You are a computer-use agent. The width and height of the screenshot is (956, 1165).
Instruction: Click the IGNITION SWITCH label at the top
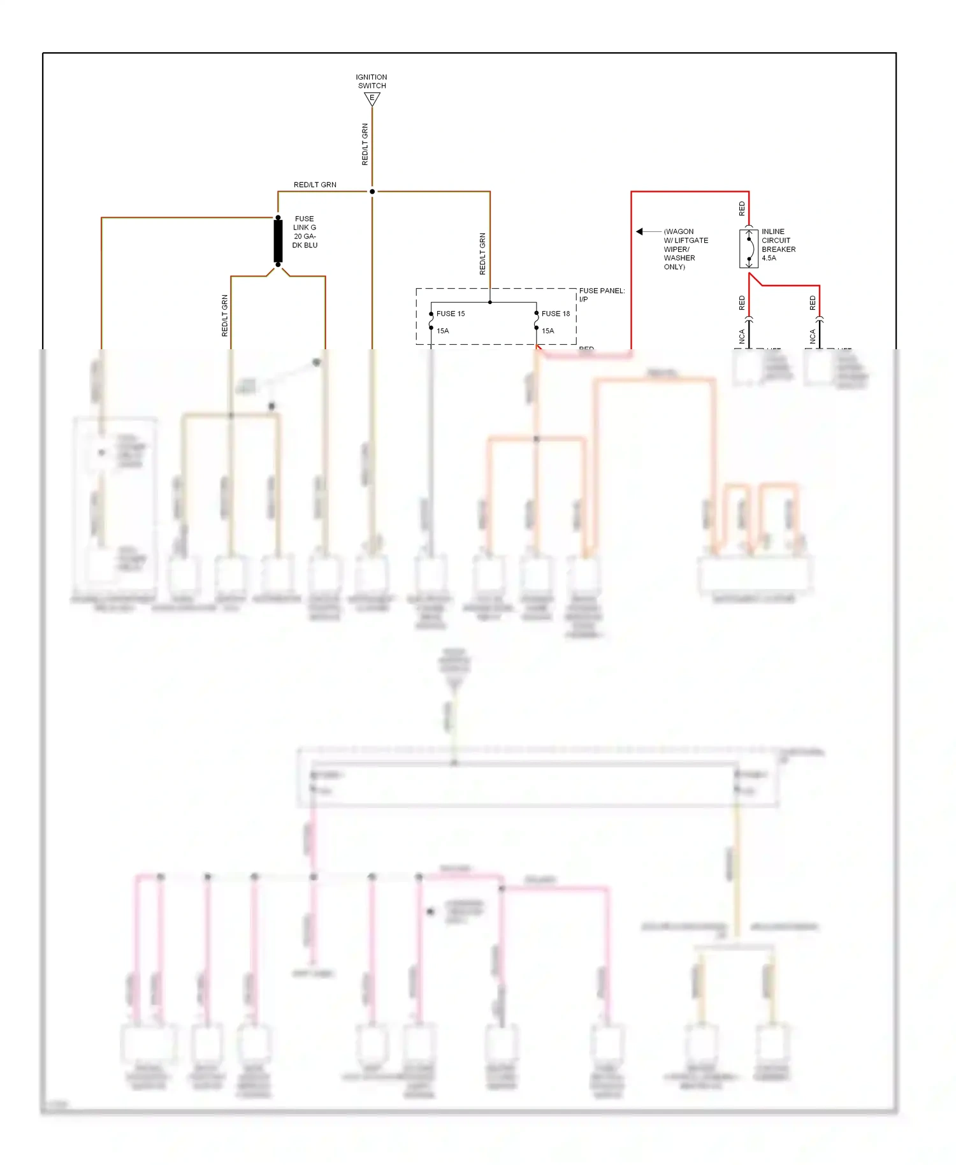pyautogui.click(x=372, y=81)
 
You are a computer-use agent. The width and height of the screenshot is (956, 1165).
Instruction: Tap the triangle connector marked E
pyautogui.click(x=372, y=99)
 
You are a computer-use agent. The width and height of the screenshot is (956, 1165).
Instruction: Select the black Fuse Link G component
pyautogui.click(x=278, y=241)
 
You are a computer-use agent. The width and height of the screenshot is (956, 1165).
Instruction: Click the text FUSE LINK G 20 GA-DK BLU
pyautogui.click(x=305, y=232)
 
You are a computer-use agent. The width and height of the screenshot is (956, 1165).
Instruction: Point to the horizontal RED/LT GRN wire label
pyautogui.click(x=315, y=185)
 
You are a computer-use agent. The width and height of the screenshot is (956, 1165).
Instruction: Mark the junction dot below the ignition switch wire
pyautogui.click(x=372, y=191)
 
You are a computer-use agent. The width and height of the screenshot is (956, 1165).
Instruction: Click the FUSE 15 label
pyautogui.click(x=451, y=314)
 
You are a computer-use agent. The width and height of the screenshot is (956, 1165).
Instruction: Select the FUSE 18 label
pyautogui.click(x=556, y=314)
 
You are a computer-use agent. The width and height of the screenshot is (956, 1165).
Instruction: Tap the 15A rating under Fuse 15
pyautogui.click(x=443, y=331)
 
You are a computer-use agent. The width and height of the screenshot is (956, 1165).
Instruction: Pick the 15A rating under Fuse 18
pyautogui.click(x=548, y=331)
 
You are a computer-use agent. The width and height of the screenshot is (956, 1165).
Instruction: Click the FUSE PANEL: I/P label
pyautogui.click(x=602, y=294)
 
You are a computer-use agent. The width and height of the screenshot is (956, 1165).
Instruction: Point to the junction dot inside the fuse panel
pyautogui.click(x=490, y=302)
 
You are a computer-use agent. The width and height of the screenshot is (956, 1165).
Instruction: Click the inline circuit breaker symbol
pyautogui.click(x=749, y=249)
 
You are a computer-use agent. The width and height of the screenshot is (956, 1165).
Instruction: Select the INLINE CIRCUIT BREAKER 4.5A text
pyautogui.click(x=778, y=245)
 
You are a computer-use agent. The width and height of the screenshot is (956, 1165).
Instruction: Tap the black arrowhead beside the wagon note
pyautogui.click(x=639, y=231)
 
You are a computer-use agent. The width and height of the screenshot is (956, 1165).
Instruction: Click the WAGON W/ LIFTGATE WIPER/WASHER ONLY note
pyautogui.click(x=685, y=249)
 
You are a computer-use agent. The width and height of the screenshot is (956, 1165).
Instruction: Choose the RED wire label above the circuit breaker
pyautogui.click(x=742, y=208)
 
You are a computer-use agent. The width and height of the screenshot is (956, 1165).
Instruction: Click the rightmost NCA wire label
pyautogui.click(x=813, y=336)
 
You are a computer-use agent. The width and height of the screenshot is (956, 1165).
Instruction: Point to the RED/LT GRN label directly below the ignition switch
pyautogui.click(x=365, y=145)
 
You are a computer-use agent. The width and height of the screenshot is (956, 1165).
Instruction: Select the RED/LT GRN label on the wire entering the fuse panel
pyautogui.click(x=482, y=254)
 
